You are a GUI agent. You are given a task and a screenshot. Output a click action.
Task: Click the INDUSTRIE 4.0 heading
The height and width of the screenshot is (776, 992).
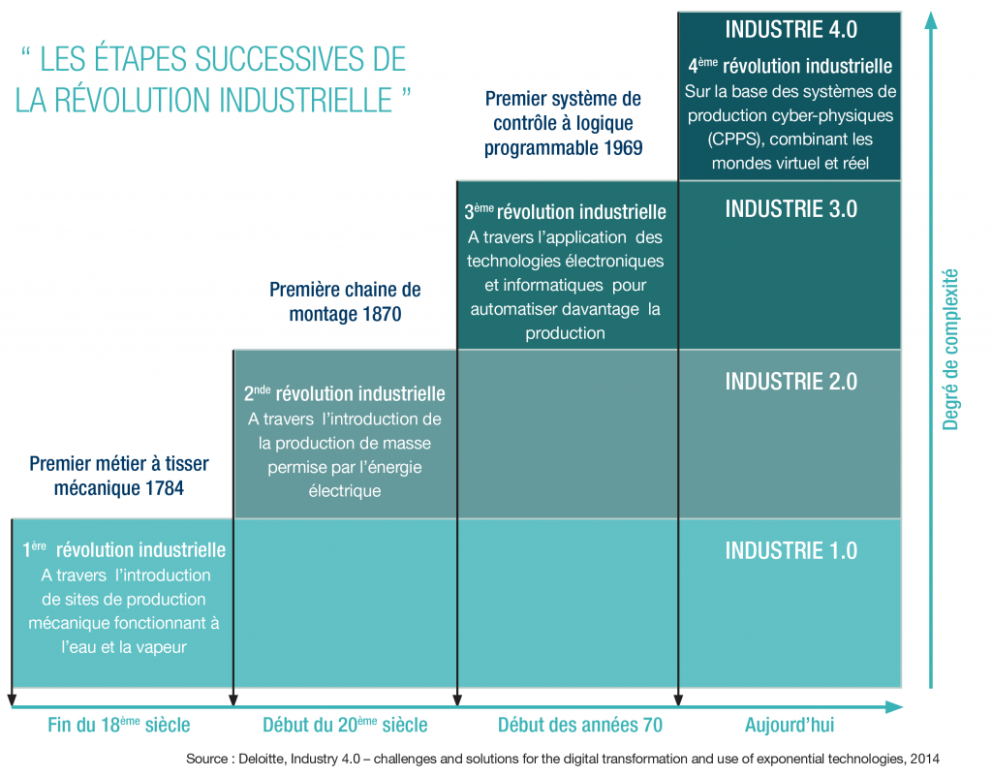click(790, 29)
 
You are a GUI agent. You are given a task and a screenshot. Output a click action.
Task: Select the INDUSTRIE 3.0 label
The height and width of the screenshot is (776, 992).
click(790, 209)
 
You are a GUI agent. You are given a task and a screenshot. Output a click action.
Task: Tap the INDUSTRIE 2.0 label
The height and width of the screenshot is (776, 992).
click(790, 381)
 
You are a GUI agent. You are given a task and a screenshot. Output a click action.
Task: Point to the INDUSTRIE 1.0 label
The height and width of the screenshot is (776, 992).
click(790, 551)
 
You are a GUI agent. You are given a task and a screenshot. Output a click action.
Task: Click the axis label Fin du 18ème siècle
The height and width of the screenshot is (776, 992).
click(119, 725)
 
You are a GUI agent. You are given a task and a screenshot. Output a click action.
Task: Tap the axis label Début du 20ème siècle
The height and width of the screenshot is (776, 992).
click(345, 725)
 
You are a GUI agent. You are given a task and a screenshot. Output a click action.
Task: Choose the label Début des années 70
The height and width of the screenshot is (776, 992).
click(567, 725)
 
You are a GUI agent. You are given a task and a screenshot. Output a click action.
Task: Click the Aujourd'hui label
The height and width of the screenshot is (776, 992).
click(790, 725)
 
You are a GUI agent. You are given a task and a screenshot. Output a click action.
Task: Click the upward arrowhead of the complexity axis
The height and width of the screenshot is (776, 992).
click(931, 19)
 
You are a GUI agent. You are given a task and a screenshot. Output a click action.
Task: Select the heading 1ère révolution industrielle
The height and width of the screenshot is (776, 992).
click(124, 550)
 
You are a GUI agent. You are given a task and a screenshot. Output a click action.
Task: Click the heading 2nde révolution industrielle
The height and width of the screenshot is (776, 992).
click(345, 393)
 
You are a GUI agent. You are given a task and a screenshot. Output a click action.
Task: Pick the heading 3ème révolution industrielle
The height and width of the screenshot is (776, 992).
click(566, 211)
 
